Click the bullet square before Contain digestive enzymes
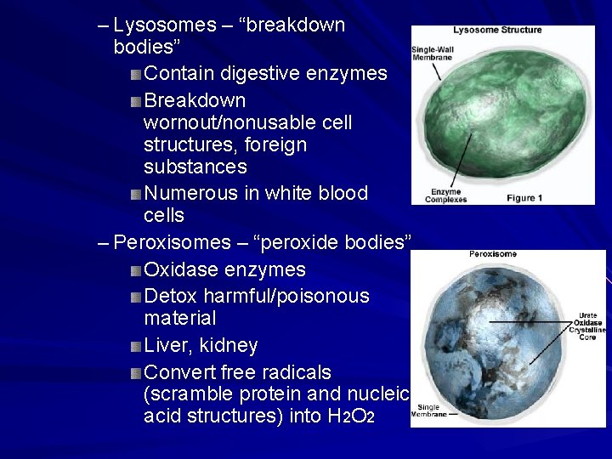click(x=137, y=75)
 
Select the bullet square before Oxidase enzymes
click(x=137, y=270)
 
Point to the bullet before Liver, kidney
click(x=137, y=346)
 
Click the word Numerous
click(x=191, y=193)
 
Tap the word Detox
click(x=173, y=296)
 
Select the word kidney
click(x=229, y=346)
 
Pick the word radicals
click(x=296, y=372)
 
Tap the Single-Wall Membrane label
click(x=433, y=52)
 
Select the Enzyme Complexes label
click(x=447, y=196)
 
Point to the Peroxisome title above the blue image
click(x=493, y=253)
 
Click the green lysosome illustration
click(x=501, y=115)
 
